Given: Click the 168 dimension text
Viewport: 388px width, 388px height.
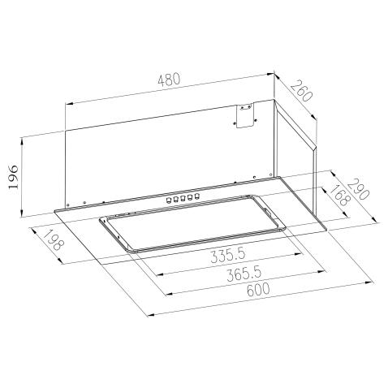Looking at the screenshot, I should (335, 200).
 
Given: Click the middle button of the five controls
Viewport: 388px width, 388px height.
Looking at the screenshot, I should (182, 196).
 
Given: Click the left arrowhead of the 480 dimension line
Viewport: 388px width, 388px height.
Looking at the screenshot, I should (67, 104).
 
